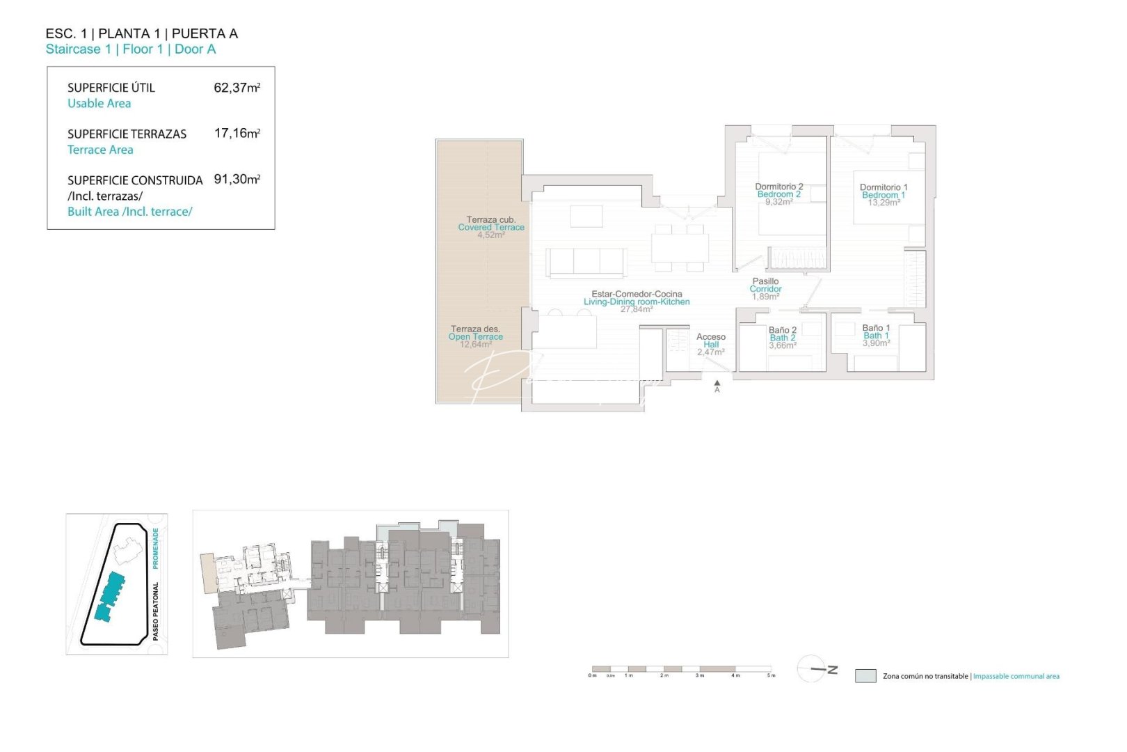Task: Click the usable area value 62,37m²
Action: (237, 88)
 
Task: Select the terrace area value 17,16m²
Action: (237, 133)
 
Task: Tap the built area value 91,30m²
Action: (237, 179)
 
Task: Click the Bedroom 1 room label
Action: (883, 195)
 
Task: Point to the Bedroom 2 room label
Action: (778, 194)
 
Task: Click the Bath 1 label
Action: (876, 336)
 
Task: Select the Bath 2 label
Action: (783, 338)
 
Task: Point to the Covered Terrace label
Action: (490, 227)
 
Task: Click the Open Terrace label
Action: (475, 336)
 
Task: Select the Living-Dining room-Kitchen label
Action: (637, 301)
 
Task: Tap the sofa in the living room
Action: (586, 263)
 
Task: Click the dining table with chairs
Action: (680, 248)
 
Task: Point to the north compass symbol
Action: (815, 668)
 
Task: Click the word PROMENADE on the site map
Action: (155, 547)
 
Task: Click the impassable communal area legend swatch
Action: (865, 675)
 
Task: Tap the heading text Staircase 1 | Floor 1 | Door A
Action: (131, 49)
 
